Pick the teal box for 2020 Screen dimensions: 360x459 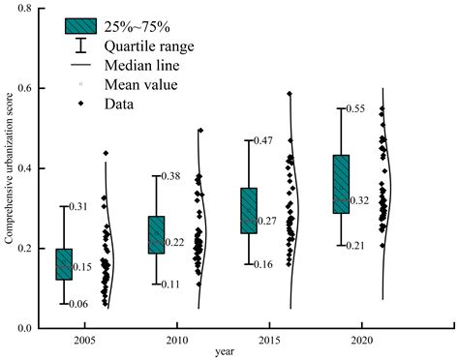(x=340, y=184)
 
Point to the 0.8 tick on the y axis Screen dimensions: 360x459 (x=24, y=9)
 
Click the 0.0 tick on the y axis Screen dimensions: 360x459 (x=24, y=328)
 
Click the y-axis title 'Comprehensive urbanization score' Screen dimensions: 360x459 (x=9, y=168)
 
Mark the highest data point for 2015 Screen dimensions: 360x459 (x=290, y=94)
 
